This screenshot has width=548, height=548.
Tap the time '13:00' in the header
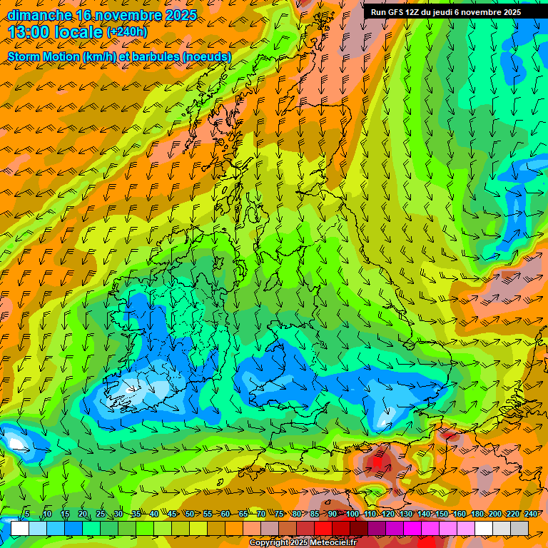[x=33, y=32]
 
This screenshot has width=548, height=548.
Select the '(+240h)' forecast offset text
[x=127, y=31]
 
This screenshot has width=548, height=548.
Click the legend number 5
[x=26, y=514]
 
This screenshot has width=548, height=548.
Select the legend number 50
[x=190, y=514]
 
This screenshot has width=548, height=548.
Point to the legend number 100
[x=352, y=514]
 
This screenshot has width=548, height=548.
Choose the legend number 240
[x=530, y=514]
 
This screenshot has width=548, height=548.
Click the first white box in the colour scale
[x=20, y=528]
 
